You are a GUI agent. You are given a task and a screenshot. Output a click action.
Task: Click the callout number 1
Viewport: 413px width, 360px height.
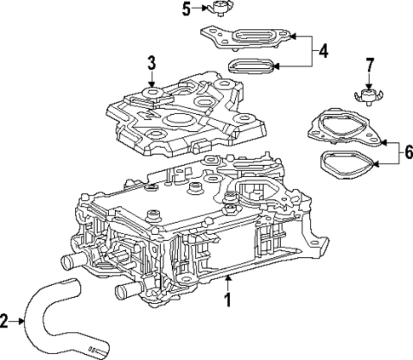[227, 300]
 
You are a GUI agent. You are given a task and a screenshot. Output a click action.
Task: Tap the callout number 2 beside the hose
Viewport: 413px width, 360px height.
[6, 321]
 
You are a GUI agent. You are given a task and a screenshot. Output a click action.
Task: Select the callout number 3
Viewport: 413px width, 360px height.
[151, 62]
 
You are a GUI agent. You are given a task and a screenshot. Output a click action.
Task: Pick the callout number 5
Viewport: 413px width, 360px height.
[186, 9]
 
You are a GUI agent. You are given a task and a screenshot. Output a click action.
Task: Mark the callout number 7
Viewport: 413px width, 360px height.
[369, 65]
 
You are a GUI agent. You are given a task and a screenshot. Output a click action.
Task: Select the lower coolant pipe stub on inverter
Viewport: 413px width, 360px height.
[123, 293]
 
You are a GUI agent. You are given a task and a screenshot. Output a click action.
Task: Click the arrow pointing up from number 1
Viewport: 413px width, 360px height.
[227, 281]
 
